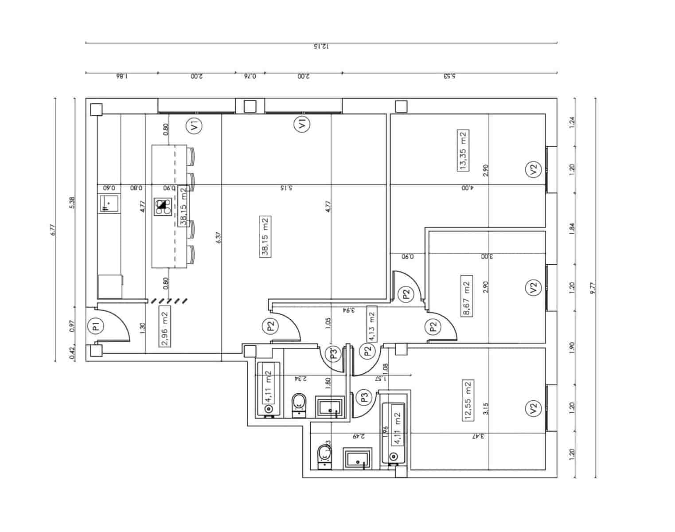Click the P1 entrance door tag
click(x=94, y=327)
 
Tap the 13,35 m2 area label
click(x=463, y=151)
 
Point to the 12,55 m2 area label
click(x=467, y=400)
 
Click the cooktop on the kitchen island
click(x=163, y=207)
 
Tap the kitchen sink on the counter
click(x=109, y=203)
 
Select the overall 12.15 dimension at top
click(x=321, y=47)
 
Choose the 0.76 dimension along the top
click(x=250, y=76)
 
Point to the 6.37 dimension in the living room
click(x=218, y=238)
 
